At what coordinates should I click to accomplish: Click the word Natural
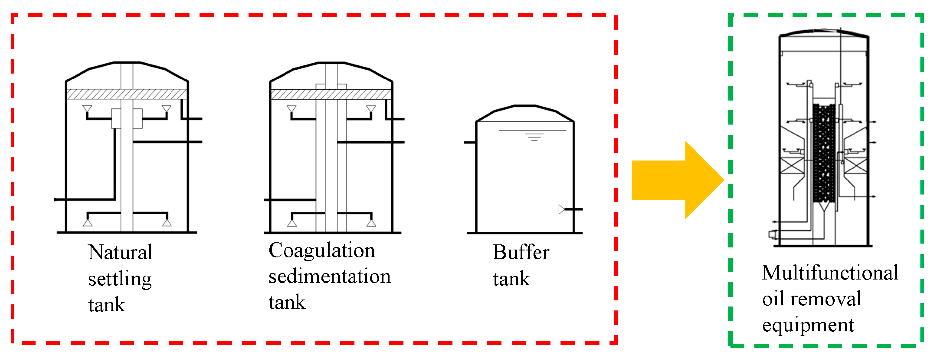tap(120, 252)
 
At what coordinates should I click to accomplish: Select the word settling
tap(120, 280)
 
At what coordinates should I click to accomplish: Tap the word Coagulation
tap(322, 251)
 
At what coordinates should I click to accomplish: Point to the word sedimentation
tap(330, 277)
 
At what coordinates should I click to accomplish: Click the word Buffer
tap(521, 252)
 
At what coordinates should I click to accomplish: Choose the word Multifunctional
tap(830, 273)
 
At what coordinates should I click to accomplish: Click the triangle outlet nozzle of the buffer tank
tap(561, 209)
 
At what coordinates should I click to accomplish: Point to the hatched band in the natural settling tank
tap(127, 94)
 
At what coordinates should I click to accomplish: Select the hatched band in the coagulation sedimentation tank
tap(331, 94)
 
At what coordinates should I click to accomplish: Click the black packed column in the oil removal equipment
tap(824, 153)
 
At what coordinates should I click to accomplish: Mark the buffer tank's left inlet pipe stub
tap(470, 142)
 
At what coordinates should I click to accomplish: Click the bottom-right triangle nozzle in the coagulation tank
tap(371, 222)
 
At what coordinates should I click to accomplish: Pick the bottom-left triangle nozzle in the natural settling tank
tap(88, 222)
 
